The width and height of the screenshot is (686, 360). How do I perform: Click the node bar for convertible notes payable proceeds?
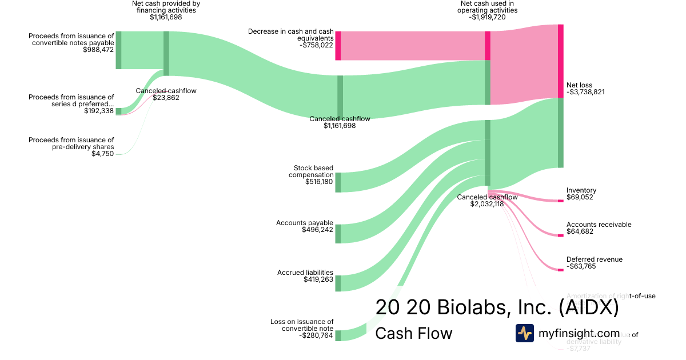point(118,50)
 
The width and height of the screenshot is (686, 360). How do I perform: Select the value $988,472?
point(99,50)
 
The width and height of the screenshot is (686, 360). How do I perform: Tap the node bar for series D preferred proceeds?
point(118,111)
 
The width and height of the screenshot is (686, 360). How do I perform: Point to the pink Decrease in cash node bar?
point(338,45)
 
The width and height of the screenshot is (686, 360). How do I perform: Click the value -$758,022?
point(316,45)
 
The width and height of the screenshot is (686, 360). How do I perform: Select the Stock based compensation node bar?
point(338,182)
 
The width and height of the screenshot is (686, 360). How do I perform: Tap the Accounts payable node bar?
point(338,234)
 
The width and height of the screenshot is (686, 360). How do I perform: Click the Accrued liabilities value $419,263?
point(318,279)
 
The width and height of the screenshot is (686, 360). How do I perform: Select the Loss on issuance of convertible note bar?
point(338,335)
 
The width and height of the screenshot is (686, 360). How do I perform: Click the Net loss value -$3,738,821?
point(585,92)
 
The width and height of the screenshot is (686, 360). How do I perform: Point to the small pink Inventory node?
point(560,201)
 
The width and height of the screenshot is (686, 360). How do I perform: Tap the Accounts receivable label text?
point(599,225)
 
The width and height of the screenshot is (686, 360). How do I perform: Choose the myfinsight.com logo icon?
point(524,333)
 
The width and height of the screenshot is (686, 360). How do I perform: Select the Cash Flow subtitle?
point(413,333)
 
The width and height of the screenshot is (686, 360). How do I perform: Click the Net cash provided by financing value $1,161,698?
point(166,17)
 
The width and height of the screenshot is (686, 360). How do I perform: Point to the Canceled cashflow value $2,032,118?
point(487,204)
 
